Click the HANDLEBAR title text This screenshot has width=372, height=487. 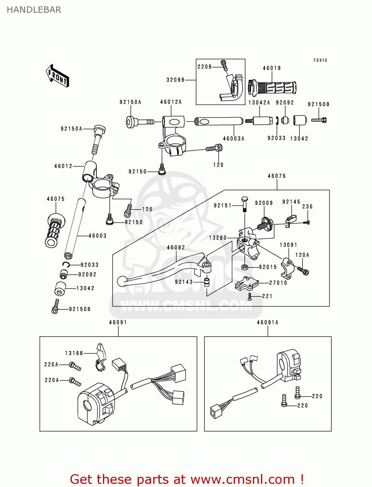pyautogui.click(x=34, y=10)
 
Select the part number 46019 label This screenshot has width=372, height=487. pyautogui.click(x=272, y=68)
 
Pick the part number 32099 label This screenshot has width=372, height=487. pyautogui.click(x=175, y=80)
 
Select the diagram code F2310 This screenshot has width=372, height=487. pyautogui.click(x=320, y=60)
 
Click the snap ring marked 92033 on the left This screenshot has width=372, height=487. pyautogui.click(x=66, y=265)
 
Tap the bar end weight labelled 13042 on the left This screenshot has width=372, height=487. pyautogui.click(x=60, y=288)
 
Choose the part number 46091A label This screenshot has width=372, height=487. pyautogui.click(x=267, y=322)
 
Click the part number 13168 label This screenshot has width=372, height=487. pyautogui.click(x=74, y=353)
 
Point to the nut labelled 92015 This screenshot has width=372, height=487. pyautogui.click(x=245, y=267)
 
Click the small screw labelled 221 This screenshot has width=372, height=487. pyautogui.click(x=250, y=296)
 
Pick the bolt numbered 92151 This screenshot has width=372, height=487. pyautogui.click(x=244, y=204)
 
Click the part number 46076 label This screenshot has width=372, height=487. pyautogui.click(x=277, y=176)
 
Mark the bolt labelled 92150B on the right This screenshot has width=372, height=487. pyautogui.click(x=319, y=120)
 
